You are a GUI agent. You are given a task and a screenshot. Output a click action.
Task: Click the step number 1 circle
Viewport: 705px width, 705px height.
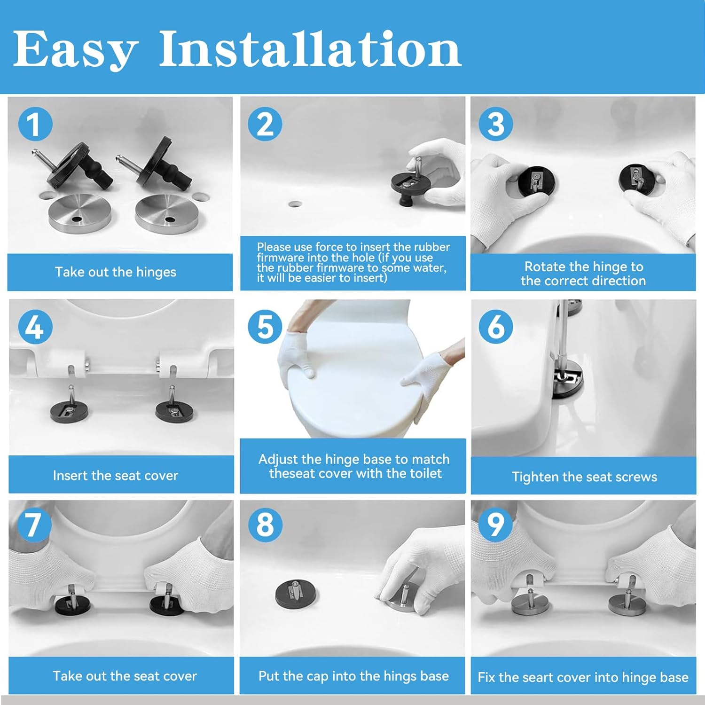(x=35, y=124)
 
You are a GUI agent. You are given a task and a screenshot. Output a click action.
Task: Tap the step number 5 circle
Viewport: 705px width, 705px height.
(x=265, y=326)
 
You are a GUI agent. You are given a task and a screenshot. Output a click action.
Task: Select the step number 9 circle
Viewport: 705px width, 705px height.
(x=495, y=525)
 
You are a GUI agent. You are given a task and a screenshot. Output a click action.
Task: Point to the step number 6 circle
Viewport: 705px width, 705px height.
(x=496, y=326)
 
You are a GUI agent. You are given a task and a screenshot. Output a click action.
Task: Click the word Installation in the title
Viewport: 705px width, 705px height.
(x=310, y=48)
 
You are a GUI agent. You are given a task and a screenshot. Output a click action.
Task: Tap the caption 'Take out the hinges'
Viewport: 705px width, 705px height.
(x=116, y=272)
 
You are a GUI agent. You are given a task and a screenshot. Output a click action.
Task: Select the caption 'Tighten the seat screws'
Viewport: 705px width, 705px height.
(x=584, y=477)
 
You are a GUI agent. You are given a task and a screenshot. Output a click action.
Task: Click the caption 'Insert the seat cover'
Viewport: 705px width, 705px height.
(x=116, y=476)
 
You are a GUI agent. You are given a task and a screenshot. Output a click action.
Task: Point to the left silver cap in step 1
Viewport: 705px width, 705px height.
(x=80, y=213)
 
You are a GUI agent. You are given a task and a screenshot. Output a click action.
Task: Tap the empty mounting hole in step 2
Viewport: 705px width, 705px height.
(x=295, y=204)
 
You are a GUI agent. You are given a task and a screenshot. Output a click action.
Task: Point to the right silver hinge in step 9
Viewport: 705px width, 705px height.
(x=627, y=601)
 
